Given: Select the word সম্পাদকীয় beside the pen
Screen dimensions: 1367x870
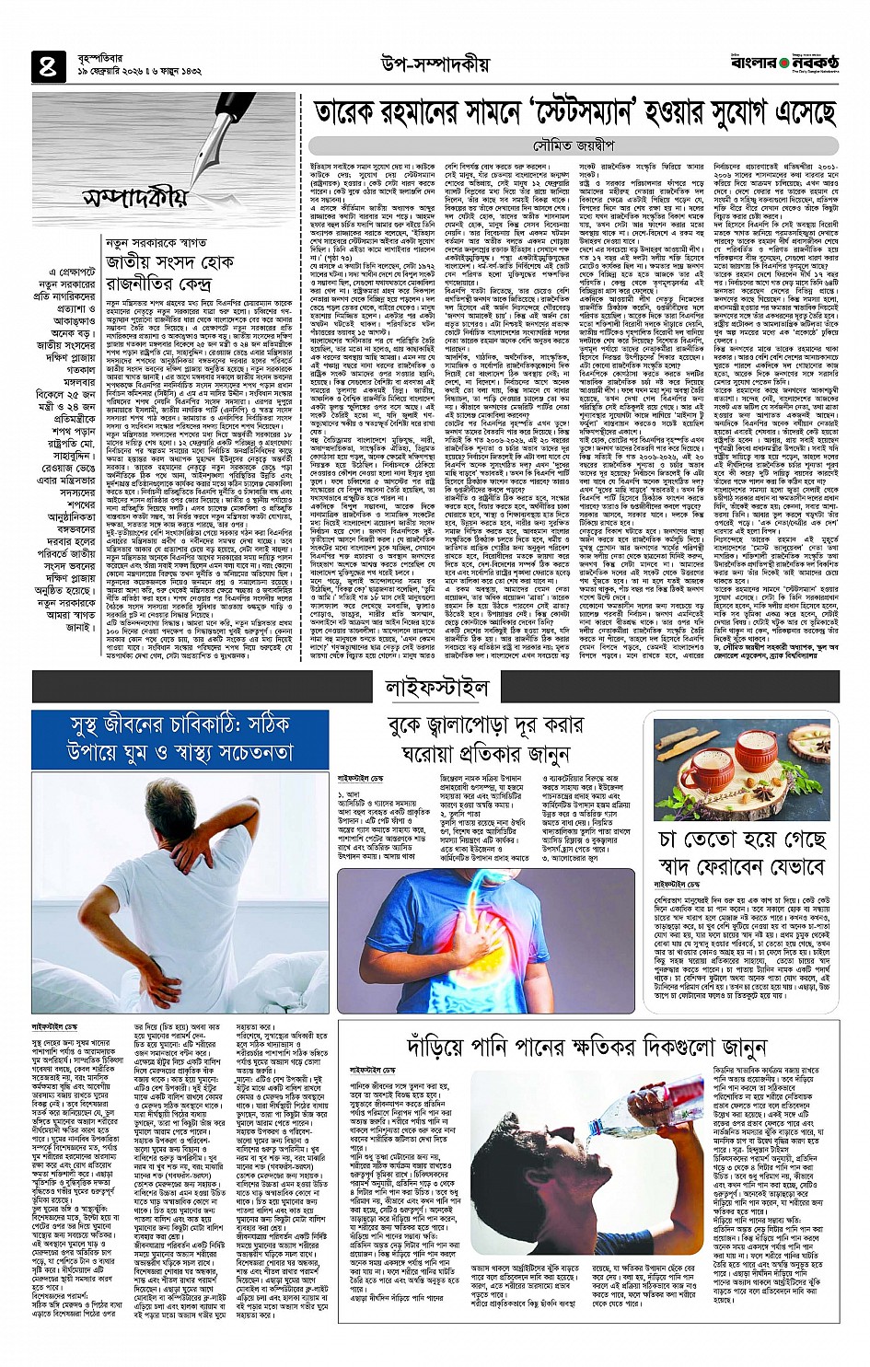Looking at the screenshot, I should pos(134,197).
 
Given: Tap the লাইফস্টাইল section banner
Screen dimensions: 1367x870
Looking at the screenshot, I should pos(436,687).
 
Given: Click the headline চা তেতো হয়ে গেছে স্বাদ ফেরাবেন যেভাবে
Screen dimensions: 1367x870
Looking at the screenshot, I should pos(742,852).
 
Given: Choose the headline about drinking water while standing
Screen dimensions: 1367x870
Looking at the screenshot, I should pos(586,1047).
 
